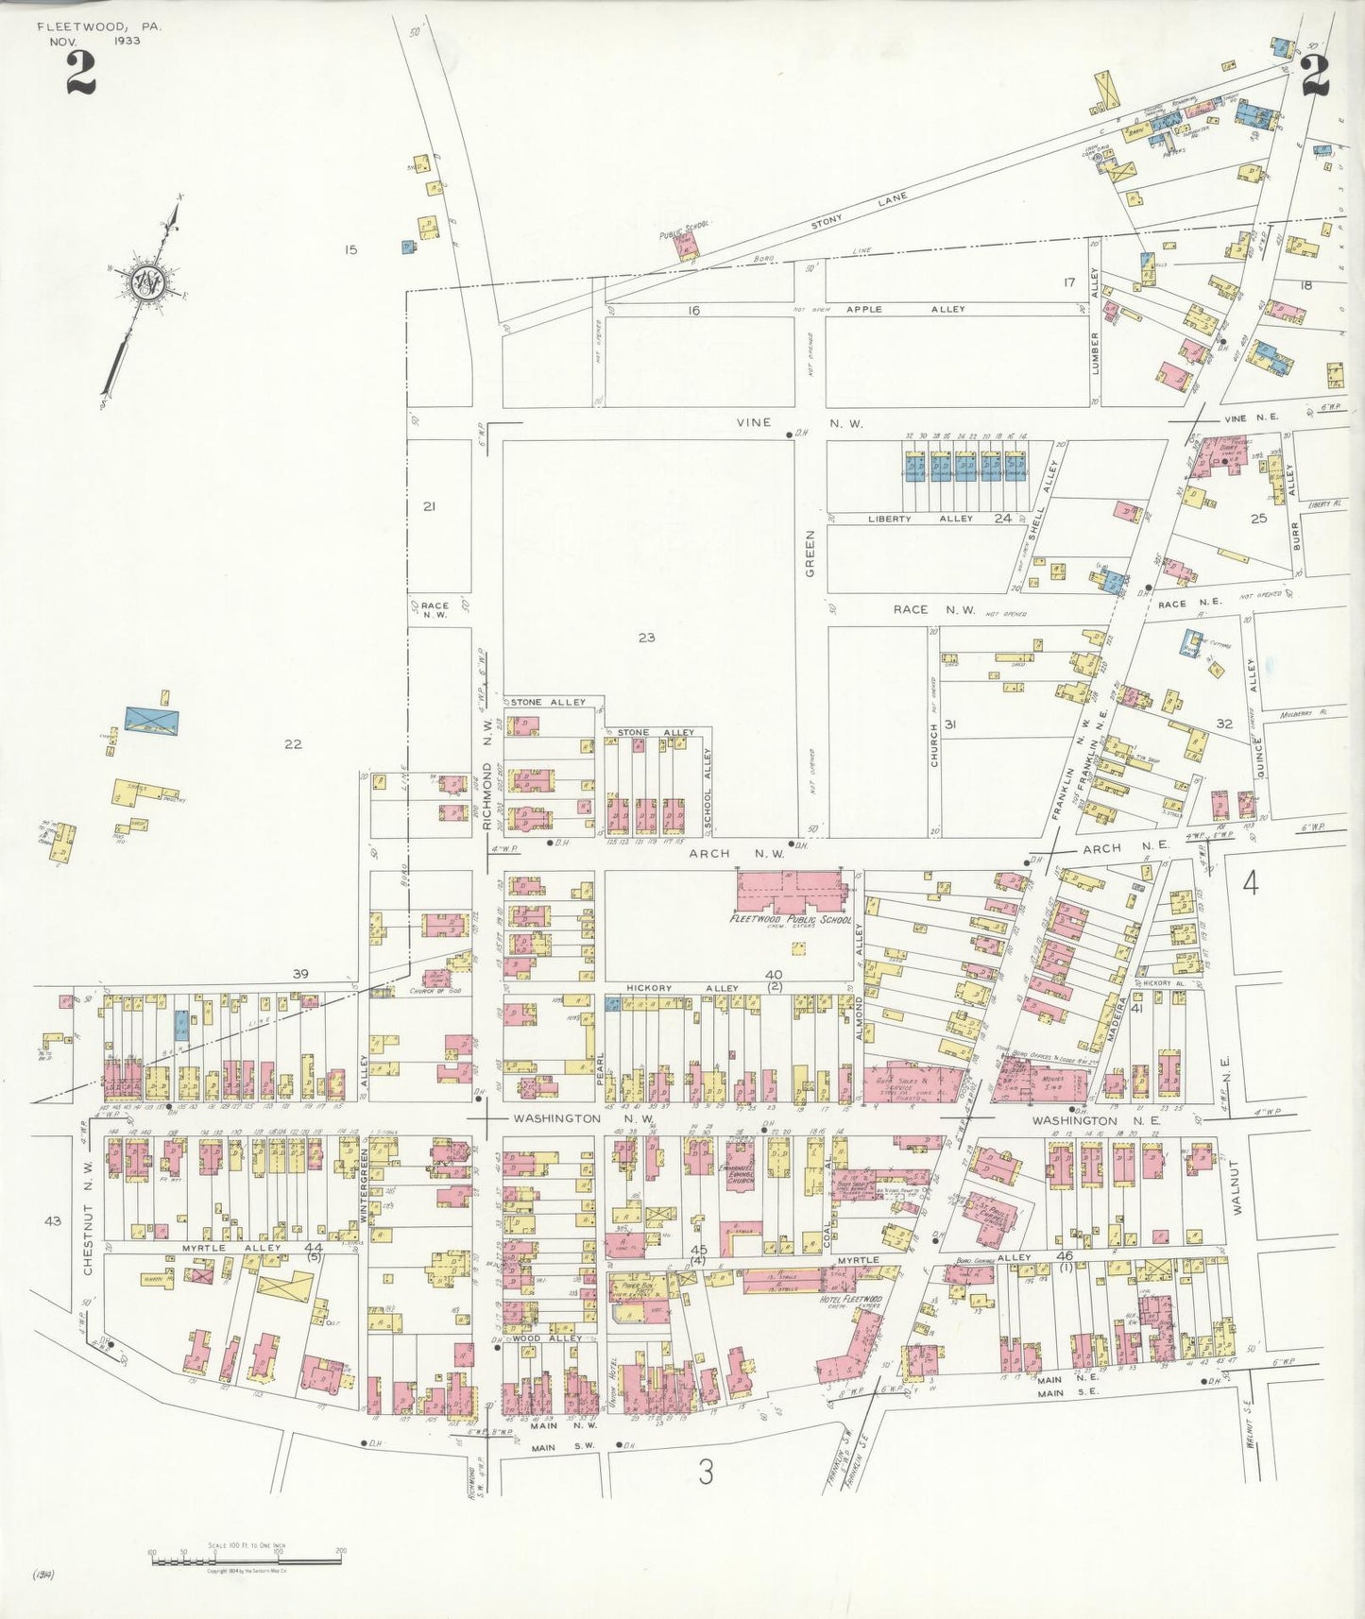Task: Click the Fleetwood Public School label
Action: [791, 919]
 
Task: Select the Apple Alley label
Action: [905, 309]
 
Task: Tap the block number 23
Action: [646, 638]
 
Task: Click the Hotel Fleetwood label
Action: [849, 1300]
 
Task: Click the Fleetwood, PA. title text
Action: [99, 27]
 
